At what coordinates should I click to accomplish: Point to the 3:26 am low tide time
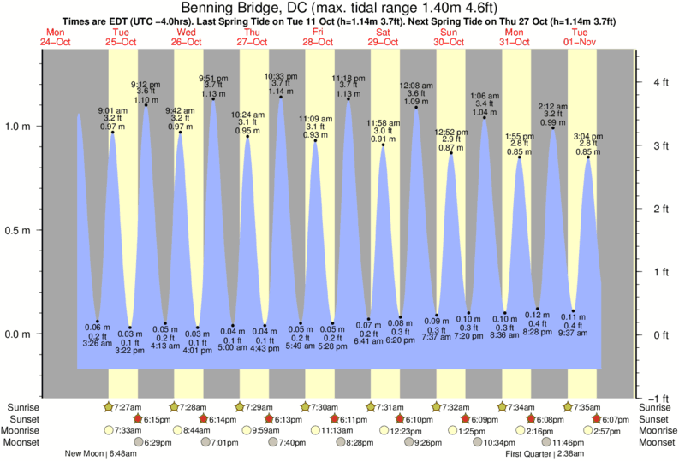[x=98, y=344]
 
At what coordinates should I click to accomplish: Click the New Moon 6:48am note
[x=102, y=453]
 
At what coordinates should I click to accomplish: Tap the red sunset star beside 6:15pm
[x=137, y=419]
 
